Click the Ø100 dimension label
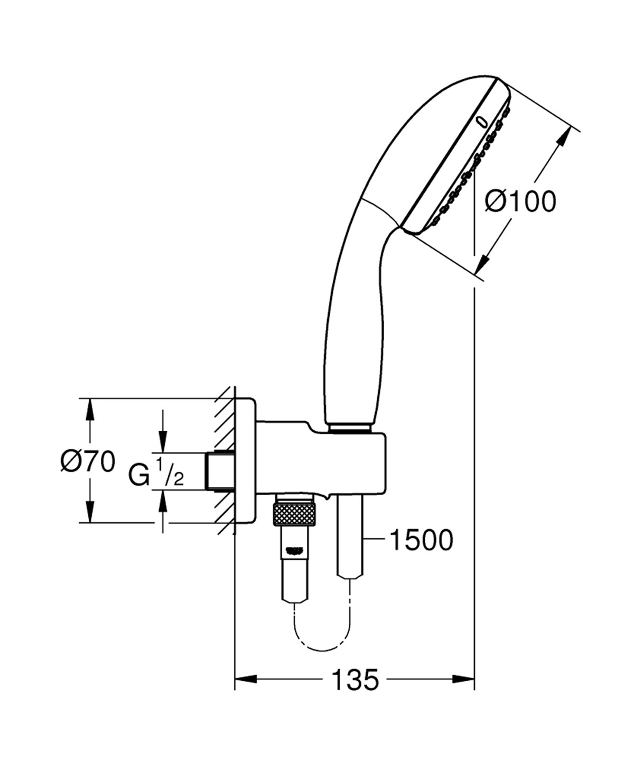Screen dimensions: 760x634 coord(520,202)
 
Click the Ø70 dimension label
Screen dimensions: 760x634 coord(87,461)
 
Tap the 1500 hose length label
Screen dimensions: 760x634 coord(421,540)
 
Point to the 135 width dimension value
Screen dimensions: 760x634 coord(355,680)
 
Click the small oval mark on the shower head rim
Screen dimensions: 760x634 coord(481,122)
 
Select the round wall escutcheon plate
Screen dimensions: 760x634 coord(245,460)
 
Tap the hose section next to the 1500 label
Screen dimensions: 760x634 coord(350,539)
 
